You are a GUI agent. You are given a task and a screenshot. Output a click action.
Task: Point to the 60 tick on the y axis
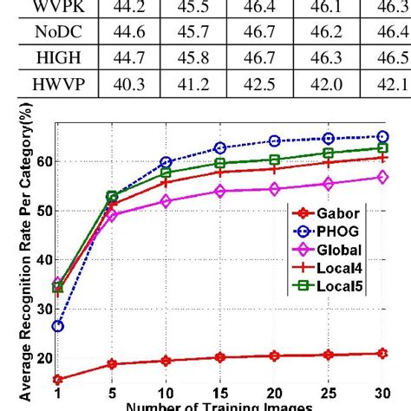pyautogui.click(x=42, y=161)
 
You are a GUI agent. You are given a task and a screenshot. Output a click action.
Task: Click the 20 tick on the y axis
pyautogui.click(x=42, y=357)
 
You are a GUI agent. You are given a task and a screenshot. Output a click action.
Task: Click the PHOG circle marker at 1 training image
pyautogui.click(x=57, y=326)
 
